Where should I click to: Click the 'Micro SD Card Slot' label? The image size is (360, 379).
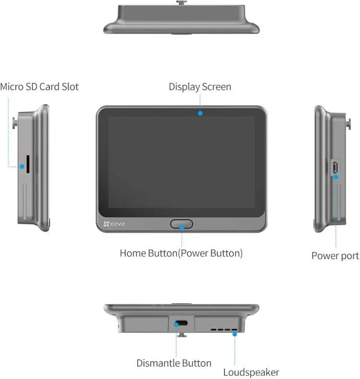(x=39, y=87)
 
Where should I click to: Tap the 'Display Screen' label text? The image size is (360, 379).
(x=200, y=87)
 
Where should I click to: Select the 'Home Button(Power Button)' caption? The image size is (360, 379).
(x=181, y=253)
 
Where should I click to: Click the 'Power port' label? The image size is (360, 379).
(x=335, y=256)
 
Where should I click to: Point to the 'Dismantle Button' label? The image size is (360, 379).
(x=174, y=363)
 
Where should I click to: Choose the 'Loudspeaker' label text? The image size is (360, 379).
(x=251, y=372)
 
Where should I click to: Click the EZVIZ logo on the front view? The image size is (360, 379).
(x=114, y=224)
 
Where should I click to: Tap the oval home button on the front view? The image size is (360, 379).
(x=181, y=224)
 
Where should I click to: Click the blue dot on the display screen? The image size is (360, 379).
(x=200, y=113)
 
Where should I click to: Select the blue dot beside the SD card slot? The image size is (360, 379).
(x=22, y=167)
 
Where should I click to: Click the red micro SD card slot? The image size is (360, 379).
(x=28, y=164)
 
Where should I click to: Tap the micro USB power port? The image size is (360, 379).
(x=335, y=167)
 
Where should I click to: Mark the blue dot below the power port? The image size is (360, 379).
(x=336, y=177)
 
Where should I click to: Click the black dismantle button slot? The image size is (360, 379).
(x=182, y=323)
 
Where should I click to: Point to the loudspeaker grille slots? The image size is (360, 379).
(x=224, y=330)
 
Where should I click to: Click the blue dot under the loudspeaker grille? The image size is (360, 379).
(x=235, y=334)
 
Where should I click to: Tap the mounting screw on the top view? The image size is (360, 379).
(x=181, y=3)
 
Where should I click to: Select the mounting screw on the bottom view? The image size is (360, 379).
(x=181, y=335)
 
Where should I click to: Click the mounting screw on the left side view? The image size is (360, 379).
(x=15, y=123)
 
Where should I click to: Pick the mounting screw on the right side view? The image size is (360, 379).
(x=348, y=124)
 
